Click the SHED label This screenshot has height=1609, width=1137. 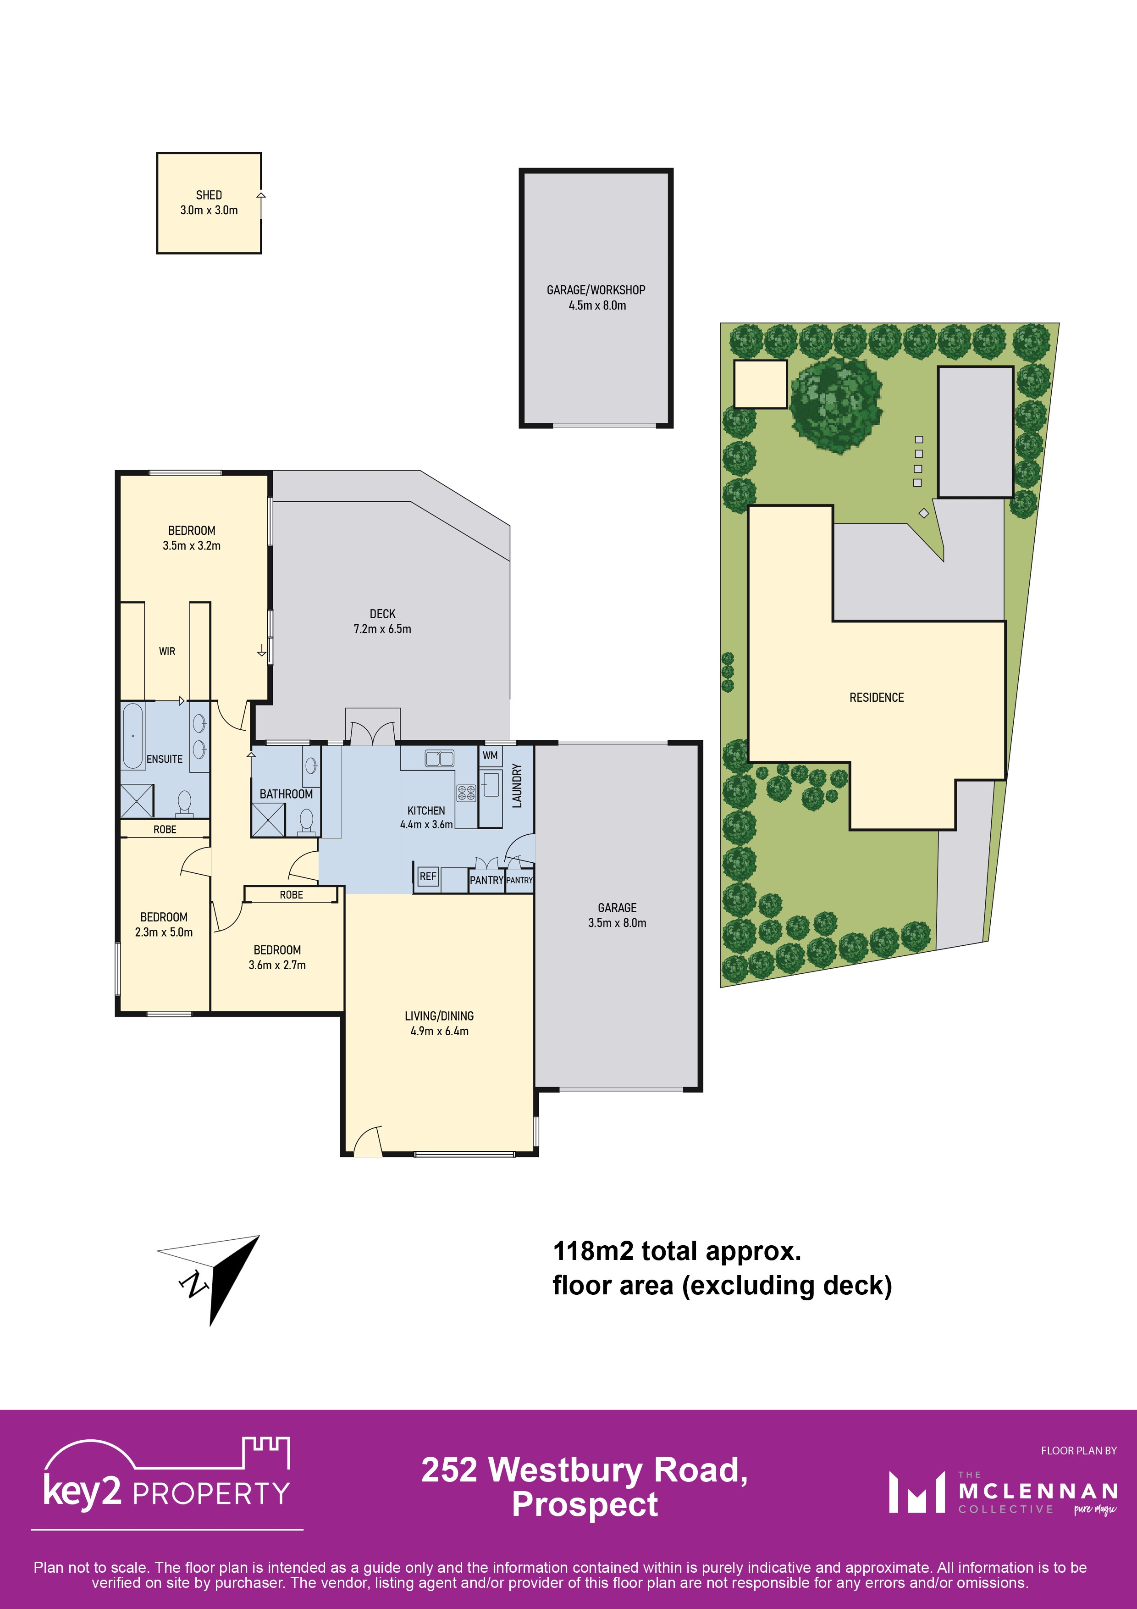click(x=209, y=195)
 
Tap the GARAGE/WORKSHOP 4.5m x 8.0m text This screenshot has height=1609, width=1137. click(x=596, y=297)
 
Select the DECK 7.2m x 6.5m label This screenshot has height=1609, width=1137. click(x=382, y=621)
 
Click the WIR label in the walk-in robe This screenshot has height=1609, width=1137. click(x=167, y=651)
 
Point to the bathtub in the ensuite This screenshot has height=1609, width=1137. click(x=133, y=736)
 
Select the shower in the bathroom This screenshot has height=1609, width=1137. click(x=268, y=820)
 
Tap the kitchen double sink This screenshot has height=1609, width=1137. click(x=439, y=758)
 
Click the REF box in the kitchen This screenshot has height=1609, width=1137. click(x=428, y=876)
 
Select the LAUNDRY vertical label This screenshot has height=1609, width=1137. click(x=517, y=786)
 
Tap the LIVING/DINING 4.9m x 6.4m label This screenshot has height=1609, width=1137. click(x=439, y=1023)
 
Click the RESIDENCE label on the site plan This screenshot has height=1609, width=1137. click(x=877, y=697)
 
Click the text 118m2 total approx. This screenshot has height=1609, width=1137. click(x=677, y=1251)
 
